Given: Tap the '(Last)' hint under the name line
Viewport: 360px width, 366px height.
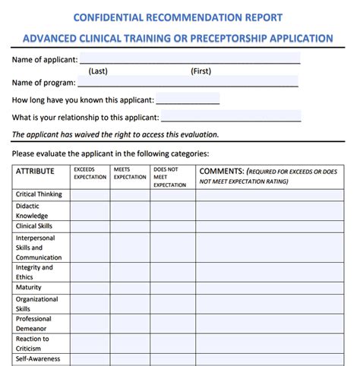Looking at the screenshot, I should pos(97,71).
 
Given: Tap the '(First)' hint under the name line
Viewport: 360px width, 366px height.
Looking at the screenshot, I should pos(201,71).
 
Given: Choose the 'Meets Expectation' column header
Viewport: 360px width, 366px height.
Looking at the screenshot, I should pos(130,174).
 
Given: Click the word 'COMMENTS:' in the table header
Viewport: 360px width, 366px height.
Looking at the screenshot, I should pos(221,172).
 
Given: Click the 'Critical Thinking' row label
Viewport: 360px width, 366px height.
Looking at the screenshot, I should pos(39,194).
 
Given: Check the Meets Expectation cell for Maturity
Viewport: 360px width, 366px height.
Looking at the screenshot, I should pos(130,288).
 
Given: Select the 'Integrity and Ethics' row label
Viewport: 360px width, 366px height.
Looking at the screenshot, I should pos(35,273).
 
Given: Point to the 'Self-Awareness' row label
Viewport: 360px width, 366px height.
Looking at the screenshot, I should pos(38,359).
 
